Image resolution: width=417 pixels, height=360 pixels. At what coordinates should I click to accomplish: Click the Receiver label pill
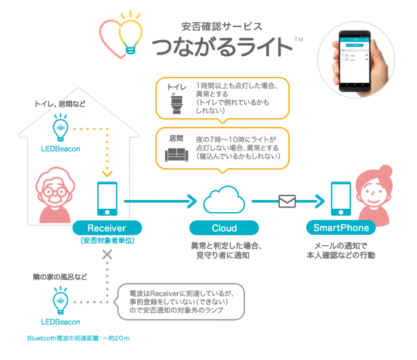click(107, 228)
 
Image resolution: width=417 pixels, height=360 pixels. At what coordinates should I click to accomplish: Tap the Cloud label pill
click(224, 228)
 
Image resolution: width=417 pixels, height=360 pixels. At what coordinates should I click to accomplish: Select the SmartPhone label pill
click(341, 228)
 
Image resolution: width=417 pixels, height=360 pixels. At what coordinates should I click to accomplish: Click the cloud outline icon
click(224, 200)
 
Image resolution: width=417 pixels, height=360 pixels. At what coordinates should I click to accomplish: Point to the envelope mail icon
click(287, 201)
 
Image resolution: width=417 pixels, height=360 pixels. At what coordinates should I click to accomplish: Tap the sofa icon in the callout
click(176, 154)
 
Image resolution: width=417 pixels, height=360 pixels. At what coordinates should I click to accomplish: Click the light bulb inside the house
click(60, 129)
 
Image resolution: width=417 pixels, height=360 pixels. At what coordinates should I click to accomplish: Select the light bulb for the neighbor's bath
click(60, 301)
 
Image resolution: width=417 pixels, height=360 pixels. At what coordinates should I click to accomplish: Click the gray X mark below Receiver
click(107, 254)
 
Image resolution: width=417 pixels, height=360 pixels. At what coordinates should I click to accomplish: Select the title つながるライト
click(222, 46)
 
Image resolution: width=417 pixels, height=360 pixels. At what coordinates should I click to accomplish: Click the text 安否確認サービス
click(222, 26)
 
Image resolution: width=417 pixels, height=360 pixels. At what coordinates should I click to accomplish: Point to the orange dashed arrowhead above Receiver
click(107, 172)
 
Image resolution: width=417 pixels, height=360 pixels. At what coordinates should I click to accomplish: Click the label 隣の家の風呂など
click(60, 278)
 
